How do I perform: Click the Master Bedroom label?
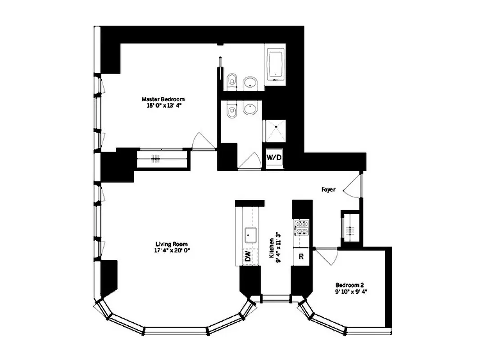point(163,99)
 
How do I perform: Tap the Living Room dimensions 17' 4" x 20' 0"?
point(170,251)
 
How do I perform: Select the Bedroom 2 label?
point(349,285)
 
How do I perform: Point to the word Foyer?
point(328,190)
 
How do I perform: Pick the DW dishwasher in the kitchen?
point(248,257)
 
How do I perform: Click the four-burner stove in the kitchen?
point(300,228)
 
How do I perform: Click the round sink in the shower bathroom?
point(250,108)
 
